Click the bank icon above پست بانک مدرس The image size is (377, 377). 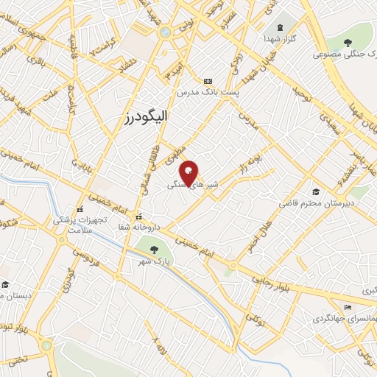click(206, 80)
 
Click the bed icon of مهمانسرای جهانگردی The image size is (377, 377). click(348, 308)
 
